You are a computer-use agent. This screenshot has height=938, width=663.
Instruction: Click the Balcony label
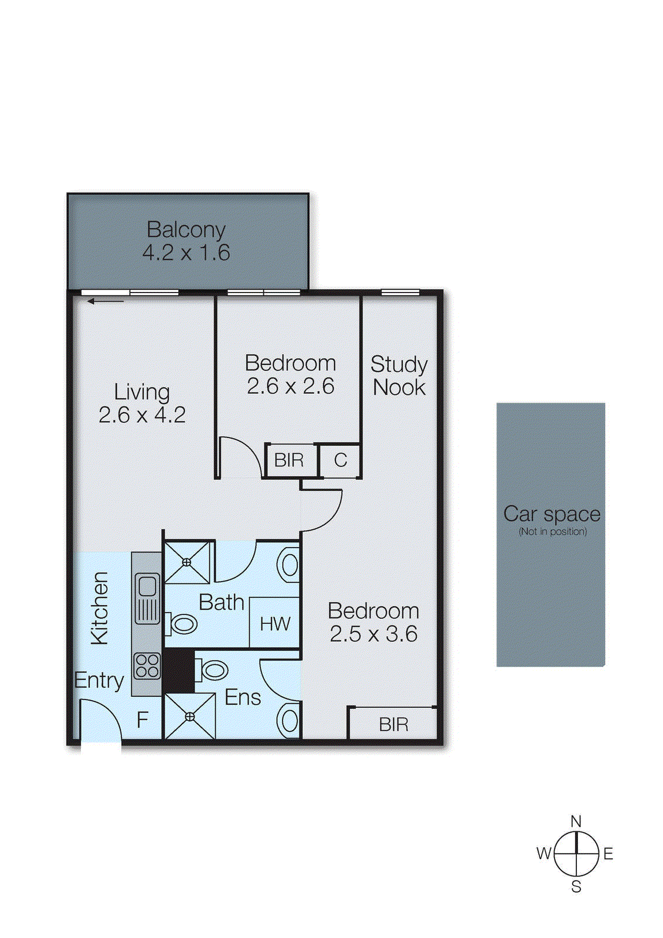click(186, 230)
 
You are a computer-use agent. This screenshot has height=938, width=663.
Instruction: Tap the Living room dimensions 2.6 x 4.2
click(142, 415)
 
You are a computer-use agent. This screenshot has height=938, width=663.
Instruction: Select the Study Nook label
click(399, 375)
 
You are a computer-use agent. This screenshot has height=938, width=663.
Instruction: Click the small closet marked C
click(340, 461)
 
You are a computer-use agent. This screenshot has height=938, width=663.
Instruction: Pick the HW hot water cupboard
click(275, 624)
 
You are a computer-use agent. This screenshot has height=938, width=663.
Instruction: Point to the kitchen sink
click(147, 599)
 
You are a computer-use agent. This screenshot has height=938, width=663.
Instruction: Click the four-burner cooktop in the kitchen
click(147, 666)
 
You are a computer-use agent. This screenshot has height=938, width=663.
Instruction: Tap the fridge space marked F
click(142, 720)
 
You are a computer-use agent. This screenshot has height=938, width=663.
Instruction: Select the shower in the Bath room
click(187, 562)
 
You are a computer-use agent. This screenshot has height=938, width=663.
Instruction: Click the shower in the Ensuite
click(190, 716)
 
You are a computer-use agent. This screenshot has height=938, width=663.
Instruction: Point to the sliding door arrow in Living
click(106, 301)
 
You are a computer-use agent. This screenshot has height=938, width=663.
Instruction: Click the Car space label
click(552, 514)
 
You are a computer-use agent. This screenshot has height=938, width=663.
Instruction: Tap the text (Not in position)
click(552, 532)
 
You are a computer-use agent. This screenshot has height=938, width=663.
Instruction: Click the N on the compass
click(576, 821)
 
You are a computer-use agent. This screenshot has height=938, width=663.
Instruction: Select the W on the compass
click(543, 854)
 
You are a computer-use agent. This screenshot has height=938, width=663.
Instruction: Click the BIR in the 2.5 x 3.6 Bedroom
click(393, 725)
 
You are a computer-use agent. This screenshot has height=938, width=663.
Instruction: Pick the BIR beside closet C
click(289, 461)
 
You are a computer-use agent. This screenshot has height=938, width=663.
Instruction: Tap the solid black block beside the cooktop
click(178, 670)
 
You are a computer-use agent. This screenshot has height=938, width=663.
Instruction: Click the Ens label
click(242, 698)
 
